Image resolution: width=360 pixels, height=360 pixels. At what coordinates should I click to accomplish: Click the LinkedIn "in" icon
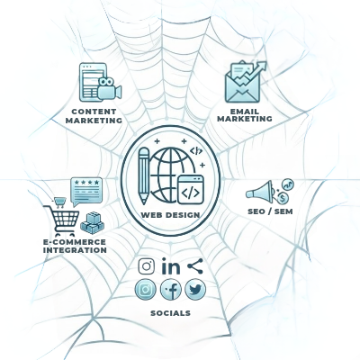click(x=171, y=266)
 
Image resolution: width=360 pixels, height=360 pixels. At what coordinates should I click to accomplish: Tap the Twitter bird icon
click(x=195, y=290)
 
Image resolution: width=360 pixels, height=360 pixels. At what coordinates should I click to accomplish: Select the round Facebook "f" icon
click(x=171, y=290)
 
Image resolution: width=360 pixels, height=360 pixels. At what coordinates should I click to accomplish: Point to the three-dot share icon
click(x=195, y=265)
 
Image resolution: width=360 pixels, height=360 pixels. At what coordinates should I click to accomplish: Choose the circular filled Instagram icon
click(x=146, y=290)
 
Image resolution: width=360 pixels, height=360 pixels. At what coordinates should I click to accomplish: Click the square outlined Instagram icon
click(x=147, y=266)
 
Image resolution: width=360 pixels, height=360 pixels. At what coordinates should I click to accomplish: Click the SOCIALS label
click(x=170, y=313)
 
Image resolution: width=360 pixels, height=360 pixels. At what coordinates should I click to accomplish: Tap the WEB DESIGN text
click(x=170, y=215)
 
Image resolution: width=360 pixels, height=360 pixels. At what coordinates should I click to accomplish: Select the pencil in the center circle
click(x=144, y=176)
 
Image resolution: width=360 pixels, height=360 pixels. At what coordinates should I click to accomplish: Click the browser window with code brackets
click(x=191, y=190)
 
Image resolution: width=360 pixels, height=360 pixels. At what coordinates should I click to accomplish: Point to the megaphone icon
click(x=259, y=191)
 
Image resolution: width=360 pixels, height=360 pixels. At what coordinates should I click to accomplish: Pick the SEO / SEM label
click(x=270, y=211)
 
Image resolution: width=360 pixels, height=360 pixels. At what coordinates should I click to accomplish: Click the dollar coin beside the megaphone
click(x=283, y=198)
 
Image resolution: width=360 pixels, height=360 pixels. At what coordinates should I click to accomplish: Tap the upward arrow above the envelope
click(x=251, y=73)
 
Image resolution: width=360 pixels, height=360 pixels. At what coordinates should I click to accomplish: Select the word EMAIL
click(x=245, y=112)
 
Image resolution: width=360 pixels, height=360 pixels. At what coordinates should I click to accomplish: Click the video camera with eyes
click(x=109, y=88)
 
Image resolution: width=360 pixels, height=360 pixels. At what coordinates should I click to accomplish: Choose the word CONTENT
click(x=94, y=112)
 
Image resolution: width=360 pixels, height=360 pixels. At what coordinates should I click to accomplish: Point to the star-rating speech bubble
click(x=86, y=192)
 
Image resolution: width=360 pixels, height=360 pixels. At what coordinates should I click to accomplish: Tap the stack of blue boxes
click(x=92, y=223)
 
